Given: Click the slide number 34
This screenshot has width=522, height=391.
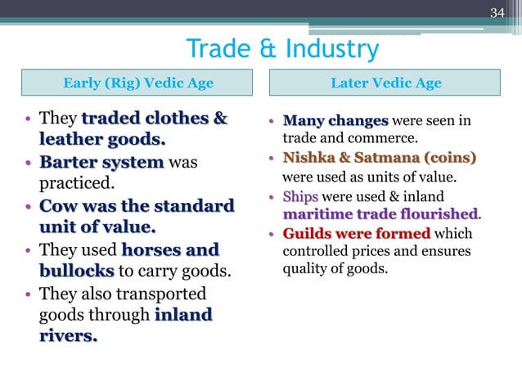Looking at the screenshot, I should pyautogui.click(x=497, y=11).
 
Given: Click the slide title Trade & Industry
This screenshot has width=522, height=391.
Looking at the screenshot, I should pyautogui.click(x=282, y=49).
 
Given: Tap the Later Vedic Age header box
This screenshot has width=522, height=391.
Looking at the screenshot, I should pyautogui.click(x=386, y=83).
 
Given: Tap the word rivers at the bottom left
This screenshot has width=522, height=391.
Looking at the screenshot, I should pyautogui.click(x=67, y=335).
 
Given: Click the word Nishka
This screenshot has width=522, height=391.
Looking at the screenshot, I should pyautogui.click(x=306, y=157).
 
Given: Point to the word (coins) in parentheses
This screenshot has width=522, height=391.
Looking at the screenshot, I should pyautogui.click(x=447, y=157).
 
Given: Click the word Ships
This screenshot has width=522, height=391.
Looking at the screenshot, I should pyautogui.click(x=300, y=197).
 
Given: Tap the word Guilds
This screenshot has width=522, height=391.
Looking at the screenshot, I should pyautogui.click(x=305, y=234).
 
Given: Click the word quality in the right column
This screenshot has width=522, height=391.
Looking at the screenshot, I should pyautogui.click(x=304, y=270).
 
